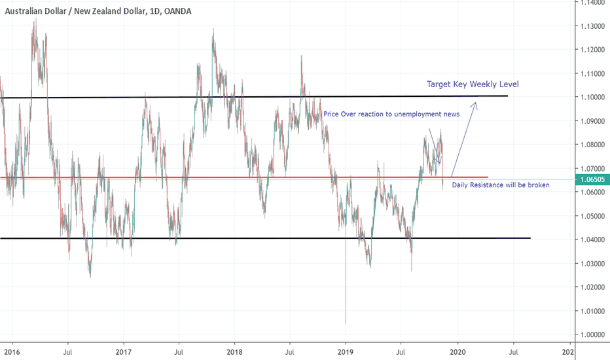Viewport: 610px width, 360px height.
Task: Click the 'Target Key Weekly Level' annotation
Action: pyautogui.click(x=473, y=84)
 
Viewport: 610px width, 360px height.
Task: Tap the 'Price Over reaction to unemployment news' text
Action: pyautogui.click(x=391, y=114)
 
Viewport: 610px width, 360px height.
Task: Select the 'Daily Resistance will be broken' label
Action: pyautogui.click(x=500, y=185)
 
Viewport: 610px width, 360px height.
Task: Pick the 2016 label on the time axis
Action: pyautogui.click(x=11, y=351)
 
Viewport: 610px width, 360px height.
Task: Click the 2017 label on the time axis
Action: pyautogui.click(x=123, y=351)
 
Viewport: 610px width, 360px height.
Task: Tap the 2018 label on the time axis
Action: pyautogui.click(x=234, y=351)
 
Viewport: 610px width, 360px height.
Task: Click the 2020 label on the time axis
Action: pyautogui.click(x=457, y=351)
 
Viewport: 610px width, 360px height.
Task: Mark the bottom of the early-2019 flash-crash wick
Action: pyautogui.click(x=346, y=323)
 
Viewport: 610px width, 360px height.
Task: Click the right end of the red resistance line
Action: pyautogui.click(x=488, y=177)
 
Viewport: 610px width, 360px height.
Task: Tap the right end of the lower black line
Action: pyautogui.click(x=530, y=238)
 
